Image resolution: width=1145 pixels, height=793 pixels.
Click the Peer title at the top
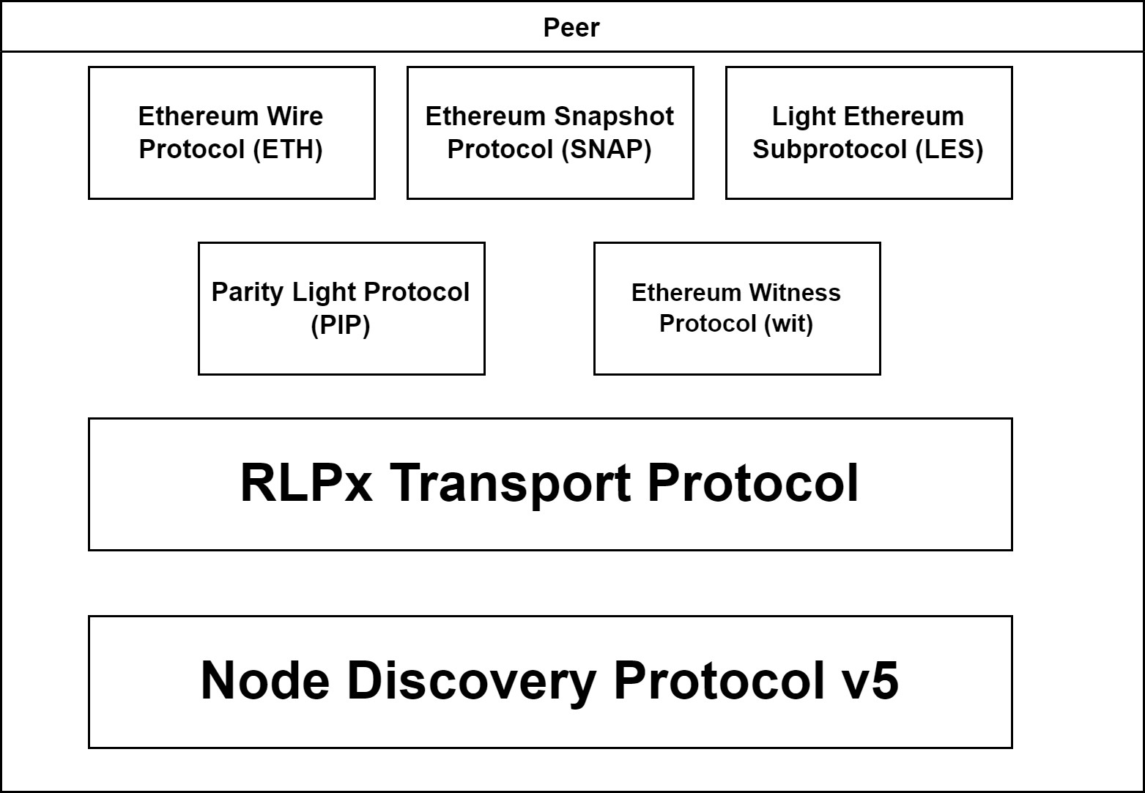571,28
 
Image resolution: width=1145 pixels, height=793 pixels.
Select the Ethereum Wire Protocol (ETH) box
231,133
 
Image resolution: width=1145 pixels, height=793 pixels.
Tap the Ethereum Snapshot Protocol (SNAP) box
549,133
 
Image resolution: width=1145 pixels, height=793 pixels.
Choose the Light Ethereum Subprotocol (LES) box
868,133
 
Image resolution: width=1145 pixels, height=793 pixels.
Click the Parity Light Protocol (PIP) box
341,308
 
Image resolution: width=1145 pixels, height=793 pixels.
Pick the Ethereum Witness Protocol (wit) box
736,308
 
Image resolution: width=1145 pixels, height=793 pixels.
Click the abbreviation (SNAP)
607,149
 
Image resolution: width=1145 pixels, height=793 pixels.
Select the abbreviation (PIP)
341,324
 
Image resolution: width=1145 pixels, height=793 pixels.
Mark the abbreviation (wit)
788,324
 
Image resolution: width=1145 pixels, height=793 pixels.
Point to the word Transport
509,483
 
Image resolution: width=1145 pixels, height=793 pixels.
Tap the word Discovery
471,680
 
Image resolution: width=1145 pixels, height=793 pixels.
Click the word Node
264,680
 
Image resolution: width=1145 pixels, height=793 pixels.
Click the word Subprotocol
830,149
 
